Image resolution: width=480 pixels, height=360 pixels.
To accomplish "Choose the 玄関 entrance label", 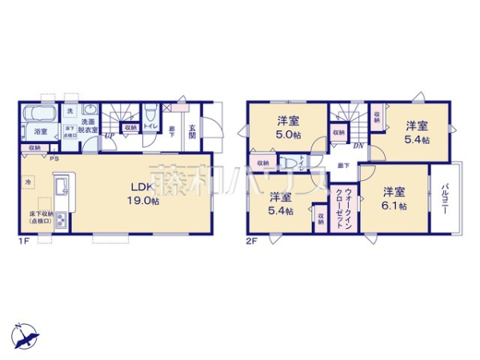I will [x=192, y=132].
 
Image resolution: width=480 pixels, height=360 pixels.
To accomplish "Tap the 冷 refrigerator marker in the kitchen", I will [x=26, y=182].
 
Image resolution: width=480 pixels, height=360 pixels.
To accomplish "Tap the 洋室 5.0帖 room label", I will [x=287, y=128].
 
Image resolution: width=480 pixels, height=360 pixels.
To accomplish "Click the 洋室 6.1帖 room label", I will [x=393, y=198].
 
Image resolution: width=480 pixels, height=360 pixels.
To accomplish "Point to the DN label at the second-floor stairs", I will [x=359, y=145].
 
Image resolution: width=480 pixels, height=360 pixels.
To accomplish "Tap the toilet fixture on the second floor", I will [x=286, y=162].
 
